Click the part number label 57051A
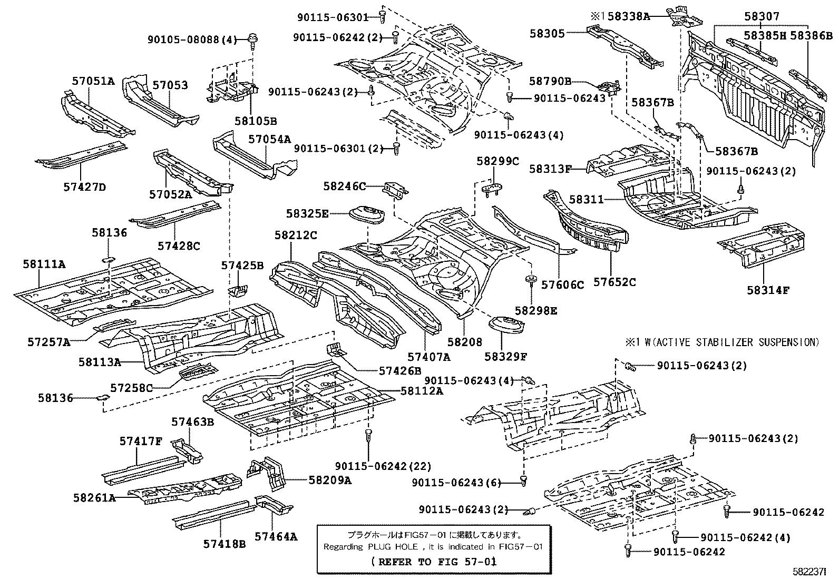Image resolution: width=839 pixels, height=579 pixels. (93, 81)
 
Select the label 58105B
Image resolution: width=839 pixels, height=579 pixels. (256, 121)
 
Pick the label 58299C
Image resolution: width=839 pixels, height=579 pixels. (497, 161)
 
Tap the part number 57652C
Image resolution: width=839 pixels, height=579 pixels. (614, 282)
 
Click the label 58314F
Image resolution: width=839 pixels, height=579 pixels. (768, 290)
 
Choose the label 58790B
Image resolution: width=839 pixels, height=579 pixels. (550, 81)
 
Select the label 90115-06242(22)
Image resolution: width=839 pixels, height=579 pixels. (383, 466)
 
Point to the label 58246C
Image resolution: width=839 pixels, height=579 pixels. (345, 186)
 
